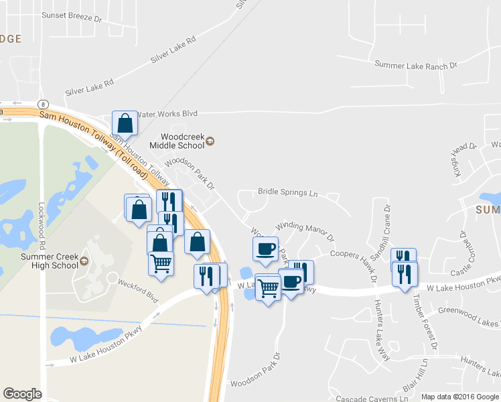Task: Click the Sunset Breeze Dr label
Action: (70, 17)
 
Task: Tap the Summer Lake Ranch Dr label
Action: (415, 65)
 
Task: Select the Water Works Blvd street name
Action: (167, 114)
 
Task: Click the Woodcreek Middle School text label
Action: (176, 140)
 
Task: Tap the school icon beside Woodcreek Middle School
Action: (210, 140)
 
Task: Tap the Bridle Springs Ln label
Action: (287, 192)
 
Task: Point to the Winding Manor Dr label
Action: (305, 231)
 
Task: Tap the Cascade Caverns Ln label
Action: (372, 398)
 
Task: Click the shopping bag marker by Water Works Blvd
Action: (125, 123)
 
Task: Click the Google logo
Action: (22, 394)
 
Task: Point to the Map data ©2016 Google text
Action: (459, 397)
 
